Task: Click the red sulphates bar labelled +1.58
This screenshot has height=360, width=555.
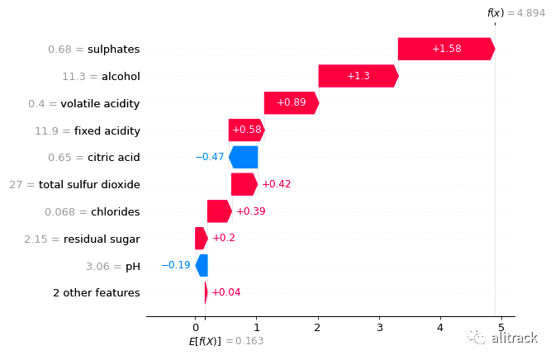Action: [x=446, y=49]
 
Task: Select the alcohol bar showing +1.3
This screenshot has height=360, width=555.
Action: [x=358, y=76]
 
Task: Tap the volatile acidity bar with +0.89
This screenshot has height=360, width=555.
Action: [x=291, y=103]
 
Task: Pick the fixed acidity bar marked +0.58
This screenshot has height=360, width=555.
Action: [x=246, y=130]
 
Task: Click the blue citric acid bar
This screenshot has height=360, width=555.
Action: [x=244, y=157]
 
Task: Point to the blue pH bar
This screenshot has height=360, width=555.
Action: [x=202, y=265]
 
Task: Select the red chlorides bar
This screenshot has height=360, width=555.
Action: [x=219, y=211]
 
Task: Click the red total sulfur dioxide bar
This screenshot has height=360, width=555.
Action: [x=244, y=184]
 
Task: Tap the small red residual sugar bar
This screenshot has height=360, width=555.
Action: [x=202, y=239]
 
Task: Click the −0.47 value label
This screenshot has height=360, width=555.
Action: [x=210, y=157]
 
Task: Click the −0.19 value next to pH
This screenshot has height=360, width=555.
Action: [x=175, y=265]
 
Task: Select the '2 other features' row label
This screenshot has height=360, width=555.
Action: [x=97, y=292]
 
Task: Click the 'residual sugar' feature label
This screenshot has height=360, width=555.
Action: [x=107, y=239]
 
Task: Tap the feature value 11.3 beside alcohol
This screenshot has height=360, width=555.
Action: [x=75, y=76]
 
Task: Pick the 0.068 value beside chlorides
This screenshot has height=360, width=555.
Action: [x=60, y=211]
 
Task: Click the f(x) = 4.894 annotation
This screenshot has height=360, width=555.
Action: [x=514, y=12]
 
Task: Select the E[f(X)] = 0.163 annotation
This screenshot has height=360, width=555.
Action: [x=225, y=341]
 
